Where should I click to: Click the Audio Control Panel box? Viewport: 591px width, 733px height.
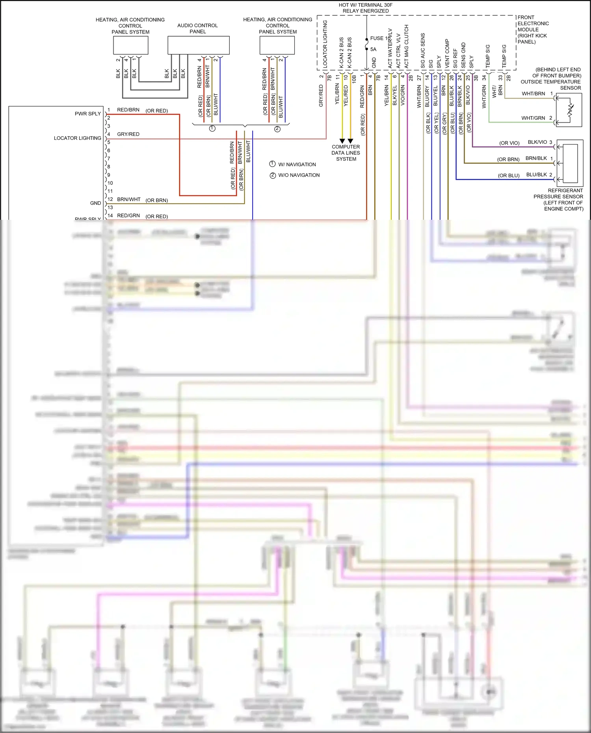click(199, 45)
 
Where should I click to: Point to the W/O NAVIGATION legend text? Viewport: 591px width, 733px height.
click(299, 175)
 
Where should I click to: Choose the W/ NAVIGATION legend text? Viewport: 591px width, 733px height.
click(297, 165)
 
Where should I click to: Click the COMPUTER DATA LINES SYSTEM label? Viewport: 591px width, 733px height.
click(346, 153)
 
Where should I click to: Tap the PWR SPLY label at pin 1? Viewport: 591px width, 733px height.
click(88, 114)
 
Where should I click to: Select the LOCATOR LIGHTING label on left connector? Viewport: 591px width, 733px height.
click(78, 138)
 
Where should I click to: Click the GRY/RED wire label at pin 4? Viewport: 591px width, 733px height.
click(128, 134)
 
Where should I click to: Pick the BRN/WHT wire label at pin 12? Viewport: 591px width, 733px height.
click(128, 200)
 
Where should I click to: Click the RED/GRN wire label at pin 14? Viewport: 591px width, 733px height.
click(128, 216)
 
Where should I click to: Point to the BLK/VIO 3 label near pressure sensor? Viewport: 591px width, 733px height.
click(539, 142)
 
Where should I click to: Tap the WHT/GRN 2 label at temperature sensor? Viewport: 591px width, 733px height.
click(536, 118)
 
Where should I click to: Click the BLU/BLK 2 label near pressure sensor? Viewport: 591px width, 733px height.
click(539, 175)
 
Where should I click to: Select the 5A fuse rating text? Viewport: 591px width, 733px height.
click(373, 49)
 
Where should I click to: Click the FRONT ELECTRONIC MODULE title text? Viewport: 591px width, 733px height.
click(533, 30)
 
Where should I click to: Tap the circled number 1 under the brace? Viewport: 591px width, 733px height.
click(212, 129)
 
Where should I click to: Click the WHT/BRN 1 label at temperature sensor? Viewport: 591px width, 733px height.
click(537, 94)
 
